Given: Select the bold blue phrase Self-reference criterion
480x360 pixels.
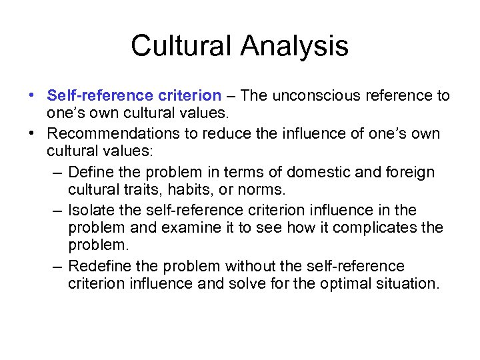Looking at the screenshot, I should click(134, 96).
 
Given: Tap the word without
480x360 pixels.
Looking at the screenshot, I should click(249, 267).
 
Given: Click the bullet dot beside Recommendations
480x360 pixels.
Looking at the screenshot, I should click(33, 134).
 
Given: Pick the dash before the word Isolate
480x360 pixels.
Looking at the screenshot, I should click(57, 211).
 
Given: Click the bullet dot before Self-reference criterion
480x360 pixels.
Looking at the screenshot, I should click(33, 96).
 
